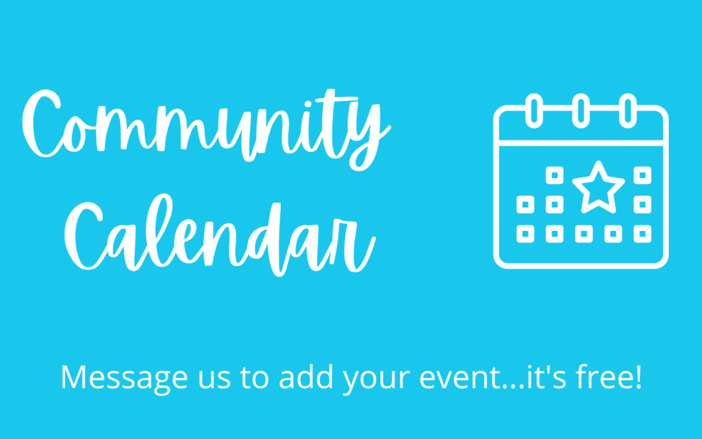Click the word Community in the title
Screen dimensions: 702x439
coord(206,130)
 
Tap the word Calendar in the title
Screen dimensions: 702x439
coord(220,235)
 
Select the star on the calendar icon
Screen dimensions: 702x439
coord(599,187)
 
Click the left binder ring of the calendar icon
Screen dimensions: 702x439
coord(534,111)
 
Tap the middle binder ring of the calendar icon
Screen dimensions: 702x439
coord(580,111)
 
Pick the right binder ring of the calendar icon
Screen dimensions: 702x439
coord(628,111)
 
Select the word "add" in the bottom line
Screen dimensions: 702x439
coord(306,378)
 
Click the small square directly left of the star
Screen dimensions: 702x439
coord(554,175)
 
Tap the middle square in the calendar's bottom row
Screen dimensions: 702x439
coord(584,234)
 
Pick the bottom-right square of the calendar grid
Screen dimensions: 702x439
coord(642,234)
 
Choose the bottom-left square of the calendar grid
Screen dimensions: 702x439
coord(525,234)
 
